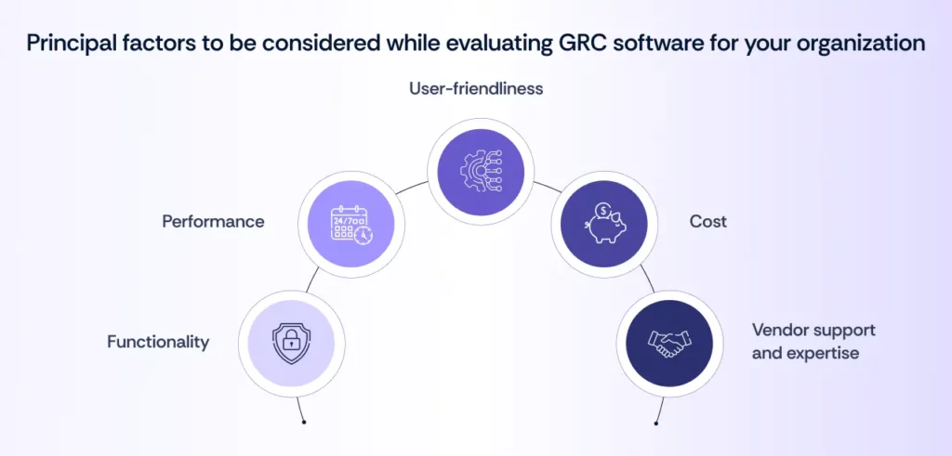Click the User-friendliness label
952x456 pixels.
coord(476,89)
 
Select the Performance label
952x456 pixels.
coord(213,222)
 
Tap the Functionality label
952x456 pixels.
coord(158,342)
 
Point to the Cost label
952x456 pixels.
coord(707,222)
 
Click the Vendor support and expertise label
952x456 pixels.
coord(813,342)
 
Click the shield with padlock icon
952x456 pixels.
coord(292,343)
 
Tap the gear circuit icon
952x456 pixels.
coord(476,169)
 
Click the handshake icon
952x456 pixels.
coord(664,343)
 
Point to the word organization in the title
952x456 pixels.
coord(861,43)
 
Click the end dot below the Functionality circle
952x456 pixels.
coord(303,422)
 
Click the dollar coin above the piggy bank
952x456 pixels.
coord(604,212)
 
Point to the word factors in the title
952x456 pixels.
coord(158,43)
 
